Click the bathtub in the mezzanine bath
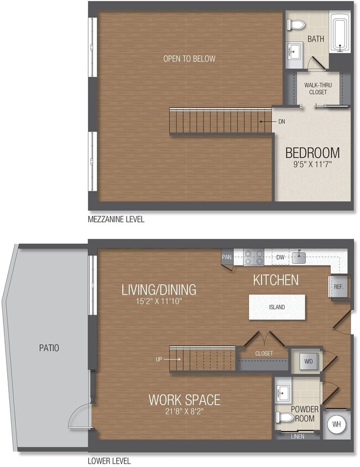pos(340,33)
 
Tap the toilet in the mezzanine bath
pos(296,25)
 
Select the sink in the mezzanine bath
pos(293,51)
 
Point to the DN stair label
pos(281,122)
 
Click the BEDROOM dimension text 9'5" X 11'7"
pos(312,164)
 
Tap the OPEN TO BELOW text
pos(189,59)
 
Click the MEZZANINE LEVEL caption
pos(116,220)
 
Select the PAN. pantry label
pos(227,257)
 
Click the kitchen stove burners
pos(254,258)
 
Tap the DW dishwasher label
pos(280,257)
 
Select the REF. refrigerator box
pos(338,287)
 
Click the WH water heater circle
pos(336,425)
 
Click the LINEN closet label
pos(297,436)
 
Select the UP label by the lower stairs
pos(159,359)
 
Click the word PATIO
pos(49,348)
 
